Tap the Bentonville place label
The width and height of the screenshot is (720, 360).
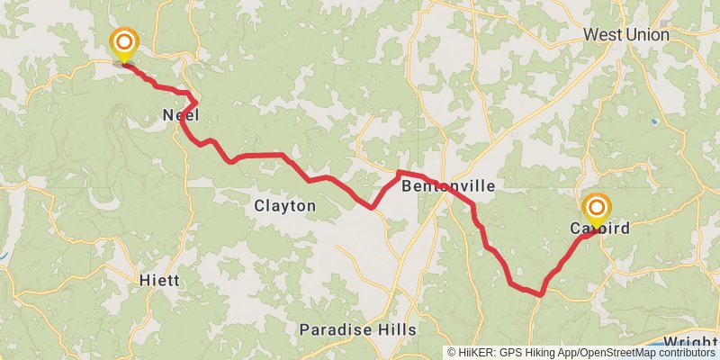coord(447,186)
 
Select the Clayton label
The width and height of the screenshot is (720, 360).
coord(284,206)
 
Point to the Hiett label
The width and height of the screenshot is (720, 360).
coord(159,280)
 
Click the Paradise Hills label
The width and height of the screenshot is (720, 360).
coord(357,329)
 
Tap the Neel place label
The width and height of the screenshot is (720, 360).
coord(180,114)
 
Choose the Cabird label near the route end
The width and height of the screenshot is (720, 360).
coord(599,229)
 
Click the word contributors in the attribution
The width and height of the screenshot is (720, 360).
coord(684,353)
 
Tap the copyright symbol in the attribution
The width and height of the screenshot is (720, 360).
coord(452,353)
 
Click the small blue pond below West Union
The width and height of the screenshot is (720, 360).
coord(654,121)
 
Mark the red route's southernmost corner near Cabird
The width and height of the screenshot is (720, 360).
coord(541,293)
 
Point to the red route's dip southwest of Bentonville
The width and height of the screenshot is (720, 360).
coord(372,208)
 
